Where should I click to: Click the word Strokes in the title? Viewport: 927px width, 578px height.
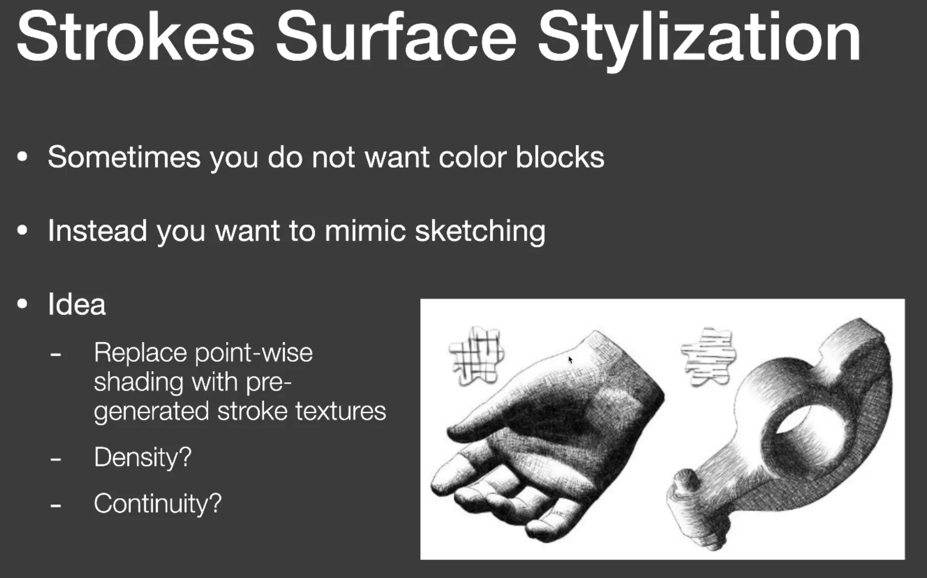[x=136, y=37]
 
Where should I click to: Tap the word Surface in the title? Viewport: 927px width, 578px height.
[x=397, y=37]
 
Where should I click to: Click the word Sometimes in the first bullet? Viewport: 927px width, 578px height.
[x=124, y=157]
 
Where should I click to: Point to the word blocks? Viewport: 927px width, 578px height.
[x=560, y=157]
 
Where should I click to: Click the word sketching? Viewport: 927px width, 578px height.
[x=480, y=232]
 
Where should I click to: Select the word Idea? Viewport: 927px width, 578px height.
[x=77, y=304]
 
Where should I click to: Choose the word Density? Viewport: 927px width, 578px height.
[x=143, y=458]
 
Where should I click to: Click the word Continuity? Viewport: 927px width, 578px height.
[x=158, y=504]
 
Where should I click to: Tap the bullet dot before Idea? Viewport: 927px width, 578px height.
[x=22, y=304]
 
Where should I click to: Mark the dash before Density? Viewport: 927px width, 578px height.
[x=56, y=459]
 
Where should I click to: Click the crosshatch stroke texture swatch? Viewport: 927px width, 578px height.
[x=476, y=355]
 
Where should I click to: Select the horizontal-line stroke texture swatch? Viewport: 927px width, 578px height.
[x=708, y=356]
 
